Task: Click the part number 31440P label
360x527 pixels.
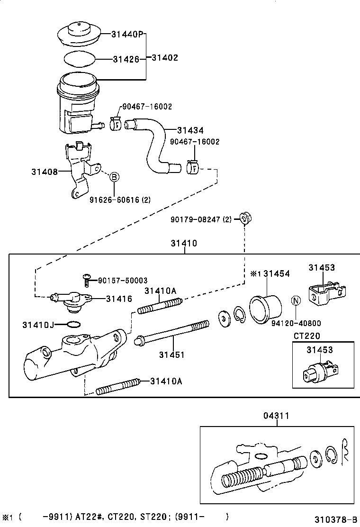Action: [127, 34]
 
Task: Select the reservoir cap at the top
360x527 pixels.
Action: [79, 34]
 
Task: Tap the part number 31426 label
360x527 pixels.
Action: [126, 60]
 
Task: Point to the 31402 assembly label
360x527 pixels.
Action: [164, 58]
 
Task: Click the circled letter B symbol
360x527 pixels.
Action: [114, 177]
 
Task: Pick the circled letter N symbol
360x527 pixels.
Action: [296, 300]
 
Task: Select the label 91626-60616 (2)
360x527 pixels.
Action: [120, 200]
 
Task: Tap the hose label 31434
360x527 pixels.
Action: [190, 130]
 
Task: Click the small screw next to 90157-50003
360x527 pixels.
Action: [87, 281]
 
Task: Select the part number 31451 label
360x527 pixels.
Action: [171, 354]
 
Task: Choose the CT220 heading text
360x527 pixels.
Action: [306, 336]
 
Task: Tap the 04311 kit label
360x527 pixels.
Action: [276, 416]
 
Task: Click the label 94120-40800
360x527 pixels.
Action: [296, 324]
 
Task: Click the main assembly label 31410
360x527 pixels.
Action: [184, 244]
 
